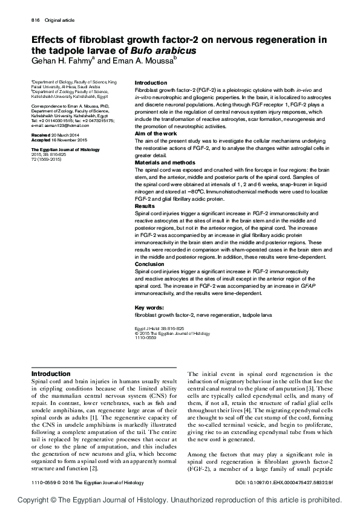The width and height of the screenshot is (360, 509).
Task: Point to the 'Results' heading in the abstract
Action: coord(145,206)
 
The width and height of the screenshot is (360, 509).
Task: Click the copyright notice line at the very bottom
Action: coord(180,501)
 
